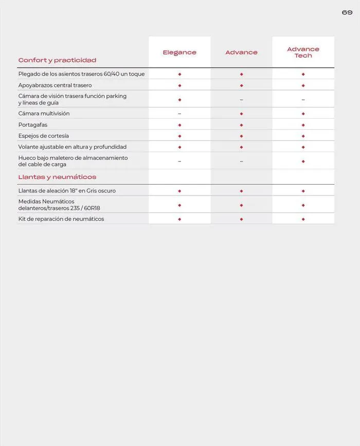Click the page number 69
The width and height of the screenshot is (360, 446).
coord(347,12)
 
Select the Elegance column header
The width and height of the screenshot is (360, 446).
coord(179,52)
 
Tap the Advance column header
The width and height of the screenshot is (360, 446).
coord(241,52)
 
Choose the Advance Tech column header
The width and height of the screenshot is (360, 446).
coord(303,52)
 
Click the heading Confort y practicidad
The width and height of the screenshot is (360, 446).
coord(57,60)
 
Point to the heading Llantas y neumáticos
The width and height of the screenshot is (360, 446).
coord(57,177)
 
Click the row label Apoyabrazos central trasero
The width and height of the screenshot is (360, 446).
coord(55,85)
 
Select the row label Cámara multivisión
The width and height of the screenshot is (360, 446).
coord(44,113)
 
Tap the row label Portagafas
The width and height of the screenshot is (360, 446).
coord(33,124)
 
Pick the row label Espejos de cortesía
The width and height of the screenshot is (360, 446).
coord(44,136)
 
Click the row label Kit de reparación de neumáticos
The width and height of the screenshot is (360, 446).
coord(61,219)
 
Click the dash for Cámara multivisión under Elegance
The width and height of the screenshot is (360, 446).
coord(179,114)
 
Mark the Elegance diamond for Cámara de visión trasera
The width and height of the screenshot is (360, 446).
coord(179,99)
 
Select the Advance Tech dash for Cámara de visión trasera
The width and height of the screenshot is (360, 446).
coord(303,100)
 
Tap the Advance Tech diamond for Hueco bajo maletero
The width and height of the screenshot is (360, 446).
coord(303,161)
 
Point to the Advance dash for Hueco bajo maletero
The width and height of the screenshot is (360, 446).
coord(241,162)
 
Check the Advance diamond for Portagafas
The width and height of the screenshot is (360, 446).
coord(241,125)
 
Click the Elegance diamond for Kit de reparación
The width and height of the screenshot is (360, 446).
coord(179,219)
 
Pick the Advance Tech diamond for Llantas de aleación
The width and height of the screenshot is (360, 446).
coord(303,191)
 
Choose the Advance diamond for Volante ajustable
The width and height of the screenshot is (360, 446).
coord(241,147)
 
